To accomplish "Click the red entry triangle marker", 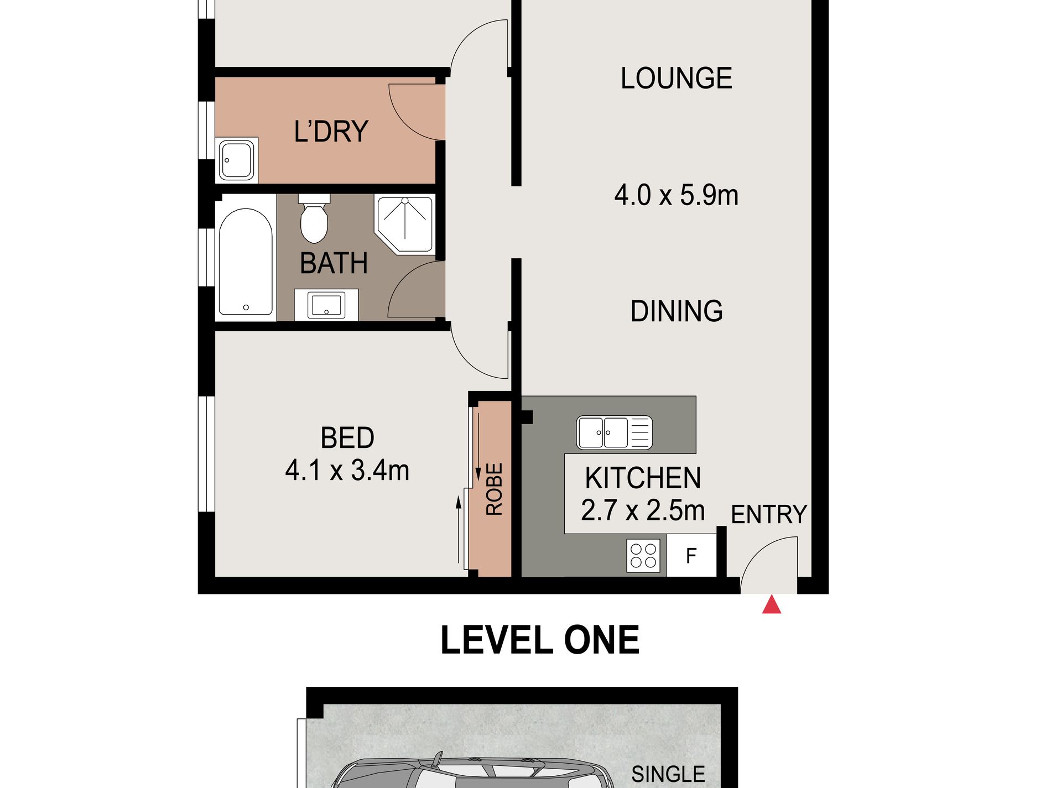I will coord(771,606).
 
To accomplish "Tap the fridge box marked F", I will coord(691,555).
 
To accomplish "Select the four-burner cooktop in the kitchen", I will coord(644,555).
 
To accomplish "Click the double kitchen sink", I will coord(614,432).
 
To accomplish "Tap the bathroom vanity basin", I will coord(326,305).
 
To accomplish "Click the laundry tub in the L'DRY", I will coord(237,160).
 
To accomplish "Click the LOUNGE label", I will coord(676,79).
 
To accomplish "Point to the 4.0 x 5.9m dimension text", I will coord(676,196).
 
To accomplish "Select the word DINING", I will coord(676,311).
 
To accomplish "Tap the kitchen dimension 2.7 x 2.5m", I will coord(643,510).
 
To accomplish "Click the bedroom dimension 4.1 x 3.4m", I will coord(347,471).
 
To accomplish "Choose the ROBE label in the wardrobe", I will coord(494,489).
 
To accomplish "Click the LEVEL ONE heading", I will coord(539,640).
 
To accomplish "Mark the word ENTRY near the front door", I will coord(768,515).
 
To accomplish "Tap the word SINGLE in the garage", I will coord(668,774).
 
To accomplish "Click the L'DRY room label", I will coord(331,132).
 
